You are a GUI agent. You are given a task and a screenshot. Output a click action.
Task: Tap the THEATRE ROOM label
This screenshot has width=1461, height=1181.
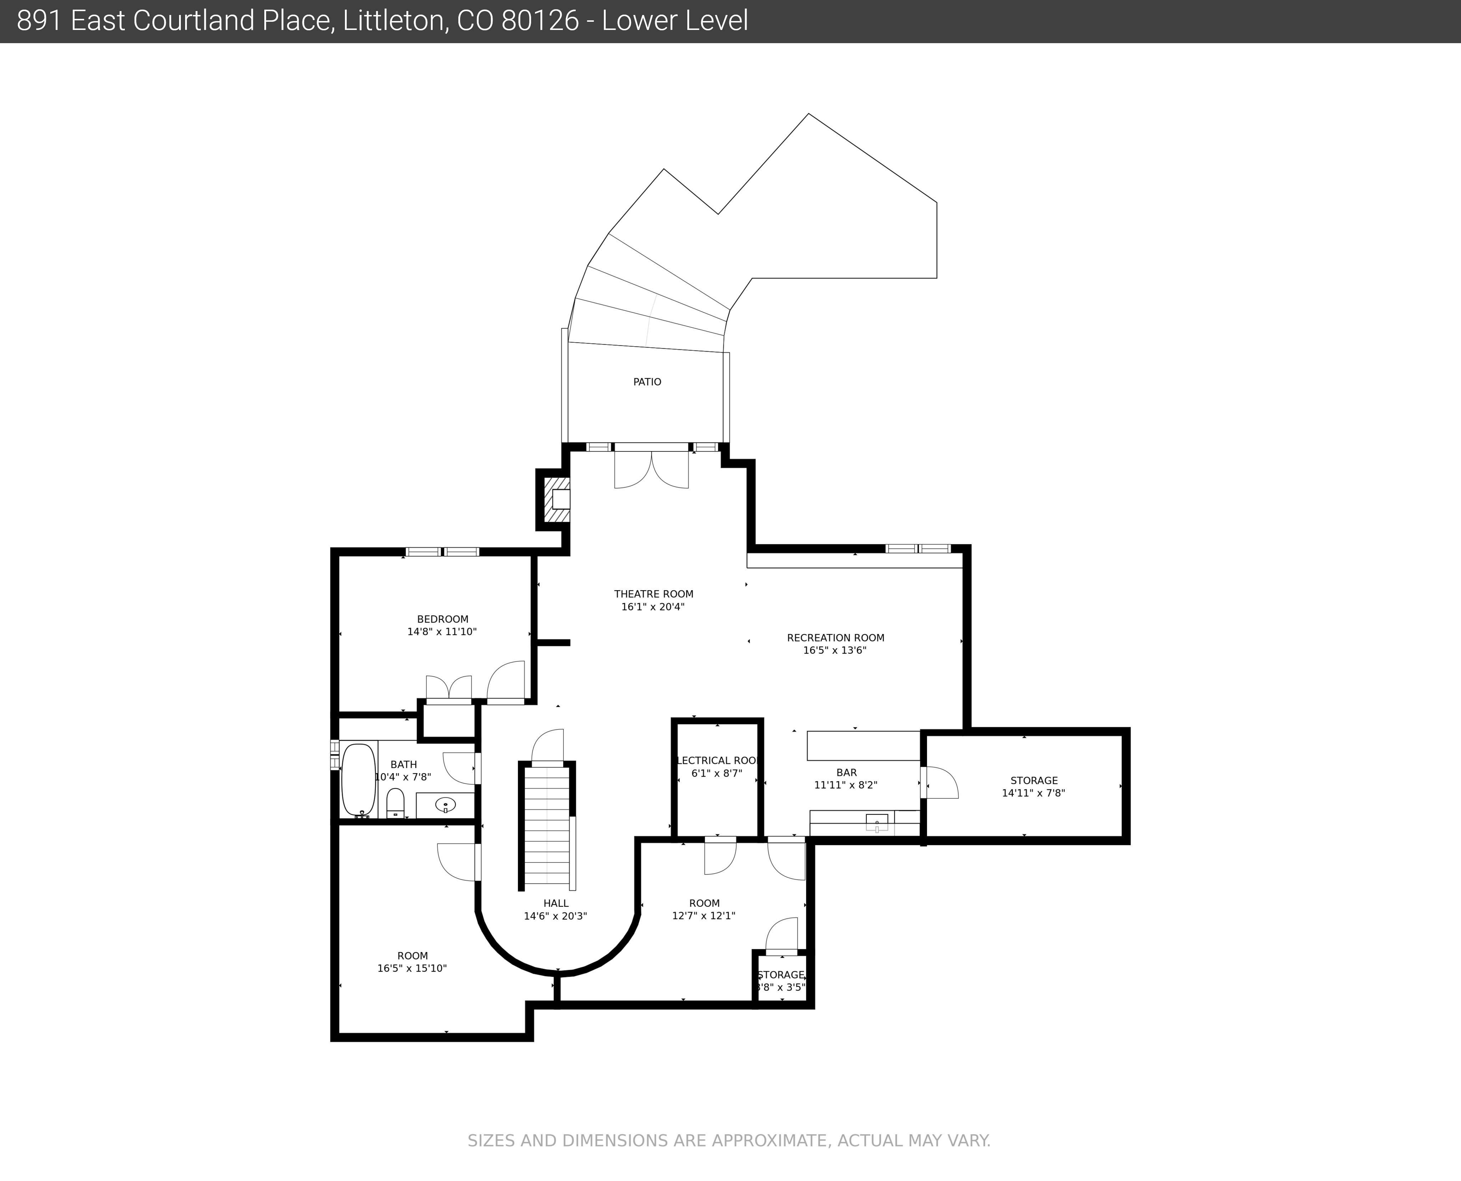653,594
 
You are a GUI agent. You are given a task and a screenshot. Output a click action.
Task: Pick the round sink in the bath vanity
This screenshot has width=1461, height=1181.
445,805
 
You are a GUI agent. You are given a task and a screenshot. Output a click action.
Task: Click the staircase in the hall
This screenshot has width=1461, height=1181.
547,827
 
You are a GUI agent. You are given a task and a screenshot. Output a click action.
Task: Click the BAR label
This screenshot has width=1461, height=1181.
846,773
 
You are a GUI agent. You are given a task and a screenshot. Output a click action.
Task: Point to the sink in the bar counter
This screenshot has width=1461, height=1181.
876,823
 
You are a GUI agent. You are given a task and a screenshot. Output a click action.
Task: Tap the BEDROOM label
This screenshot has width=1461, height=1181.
442,619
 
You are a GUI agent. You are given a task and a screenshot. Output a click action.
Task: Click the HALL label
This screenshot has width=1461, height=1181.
556,904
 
